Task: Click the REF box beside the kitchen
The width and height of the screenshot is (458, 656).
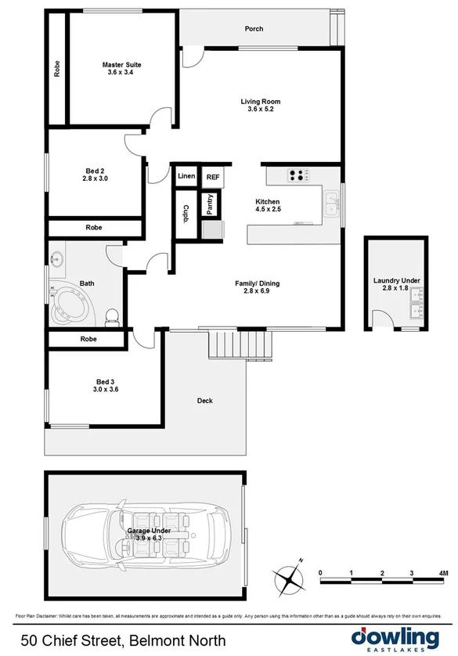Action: tap(212, 178)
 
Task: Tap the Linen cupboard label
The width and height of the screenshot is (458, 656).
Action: tap(186, 177)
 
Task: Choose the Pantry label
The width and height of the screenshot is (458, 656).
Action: tap(210, 205)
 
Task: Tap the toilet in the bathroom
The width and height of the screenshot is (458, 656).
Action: tap(111, 315)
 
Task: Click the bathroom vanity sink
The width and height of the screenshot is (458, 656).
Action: tap(57, 258)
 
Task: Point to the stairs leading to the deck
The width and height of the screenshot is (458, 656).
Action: tap(240, 343)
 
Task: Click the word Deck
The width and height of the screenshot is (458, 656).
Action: tap(204, 401)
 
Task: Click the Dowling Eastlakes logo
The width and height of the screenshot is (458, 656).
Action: tap(395, 637)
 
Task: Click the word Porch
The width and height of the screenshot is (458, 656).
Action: tap(254, 29)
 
